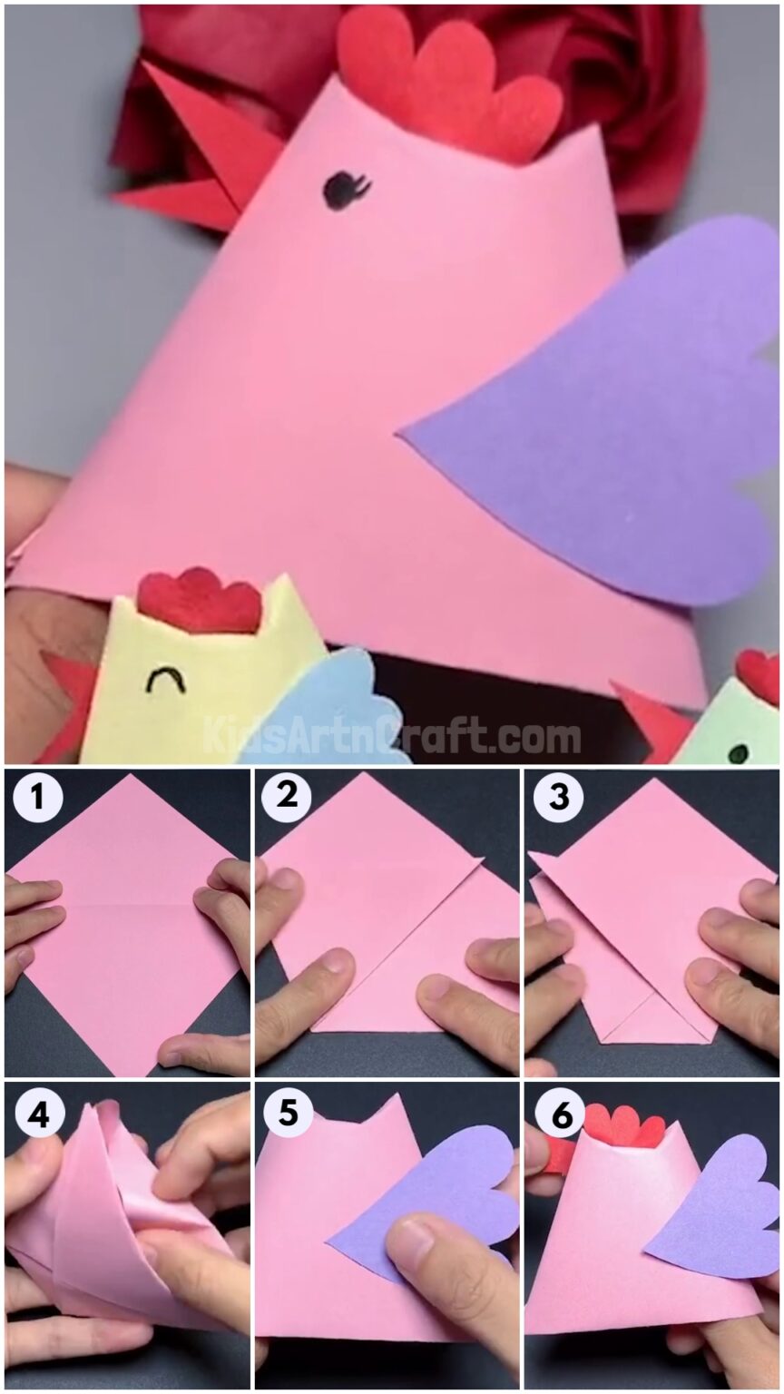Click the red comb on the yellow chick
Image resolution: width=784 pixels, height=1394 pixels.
click(199, 601)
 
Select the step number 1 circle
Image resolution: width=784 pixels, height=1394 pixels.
click(37, 798)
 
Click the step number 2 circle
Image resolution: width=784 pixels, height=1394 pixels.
click(286, 798)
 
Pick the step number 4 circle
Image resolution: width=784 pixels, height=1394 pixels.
click(37, 1114)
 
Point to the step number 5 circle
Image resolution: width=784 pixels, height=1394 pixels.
click(287, 1114)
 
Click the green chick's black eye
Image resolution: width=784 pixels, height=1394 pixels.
click(740, 752)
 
